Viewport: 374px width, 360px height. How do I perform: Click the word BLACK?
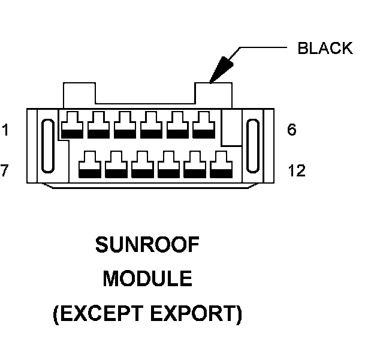(x=325, y=49)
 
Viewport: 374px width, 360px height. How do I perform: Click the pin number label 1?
(x=5, y=130)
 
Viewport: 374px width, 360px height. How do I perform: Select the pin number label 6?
(x=292, y=130)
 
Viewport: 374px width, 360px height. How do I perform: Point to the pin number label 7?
(x=5, y=171)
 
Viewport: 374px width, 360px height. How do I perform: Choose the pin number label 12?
(x=296, y=171)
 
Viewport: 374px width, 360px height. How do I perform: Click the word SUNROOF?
(x=147, y=245)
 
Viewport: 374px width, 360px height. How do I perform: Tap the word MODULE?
(x=147, y=279)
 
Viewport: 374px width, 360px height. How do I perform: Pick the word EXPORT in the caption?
(x=200, y=314)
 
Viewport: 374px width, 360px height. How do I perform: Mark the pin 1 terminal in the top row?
(x=72, y=124)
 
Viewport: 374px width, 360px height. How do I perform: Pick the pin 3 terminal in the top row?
(x=125, y=124)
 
